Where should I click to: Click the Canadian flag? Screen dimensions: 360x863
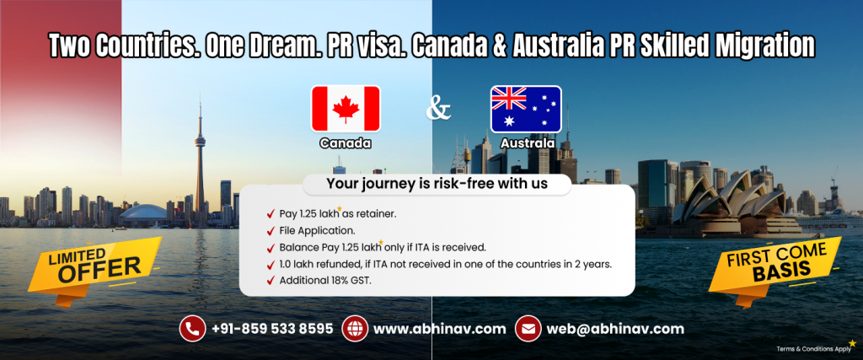click(x=346, y=108)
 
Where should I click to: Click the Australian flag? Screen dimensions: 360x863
click(x=526, y=108)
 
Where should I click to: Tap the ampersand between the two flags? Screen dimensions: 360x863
click(x=437, y=109)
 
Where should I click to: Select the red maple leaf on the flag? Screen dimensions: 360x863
click(x=346, y=108)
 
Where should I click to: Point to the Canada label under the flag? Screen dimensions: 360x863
click(x=346, y=143)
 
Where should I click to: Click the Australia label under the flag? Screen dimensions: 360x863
click(x=527, y=143)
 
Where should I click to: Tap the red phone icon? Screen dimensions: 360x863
click(x=192, y=328)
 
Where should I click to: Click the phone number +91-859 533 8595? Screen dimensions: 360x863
click(x=271, y=328)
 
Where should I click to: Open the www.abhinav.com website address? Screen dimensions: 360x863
click(x=439, y=328)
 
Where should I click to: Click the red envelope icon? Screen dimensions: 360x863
click(x=528, y=328)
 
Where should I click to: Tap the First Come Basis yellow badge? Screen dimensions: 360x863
click(x=774, y=264)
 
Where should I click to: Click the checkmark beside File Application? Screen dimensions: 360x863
click(x=270, y=230)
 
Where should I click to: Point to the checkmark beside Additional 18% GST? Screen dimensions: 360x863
click(x=270, y=281)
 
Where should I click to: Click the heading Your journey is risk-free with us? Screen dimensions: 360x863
click(x=437, y=184)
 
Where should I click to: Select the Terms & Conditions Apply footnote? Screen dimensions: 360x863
click(x=812, y=347)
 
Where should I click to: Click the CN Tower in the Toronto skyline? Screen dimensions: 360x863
click(x=201, y=160)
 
